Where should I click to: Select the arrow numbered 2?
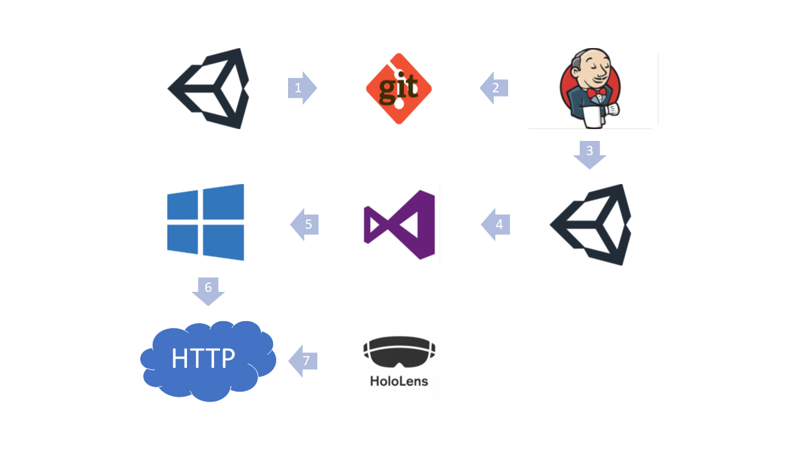(x=494, y=88)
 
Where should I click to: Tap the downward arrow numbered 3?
(x=590, y=155)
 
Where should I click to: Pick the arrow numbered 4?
(x=495, y=224)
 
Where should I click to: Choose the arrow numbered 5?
(x=304, y=224)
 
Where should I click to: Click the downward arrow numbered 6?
(x=208, y=291)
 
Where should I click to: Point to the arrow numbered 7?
(x=302, y=361)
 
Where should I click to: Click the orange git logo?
(x=399, y=89)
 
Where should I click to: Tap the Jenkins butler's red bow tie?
(x=597, y=93)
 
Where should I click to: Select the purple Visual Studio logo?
(x=400, y=225)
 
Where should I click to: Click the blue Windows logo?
(x=206, y=223)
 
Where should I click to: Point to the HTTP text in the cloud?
(x=203, y=358)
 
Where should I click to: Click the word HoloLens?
(x=399, y=381)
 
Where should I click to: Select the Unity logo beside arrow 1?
(x=208, y=89)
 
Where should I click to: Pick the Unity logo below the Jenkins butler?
(x=590, y=225)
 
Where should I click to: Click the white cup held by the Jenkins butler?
(x=592, y=117)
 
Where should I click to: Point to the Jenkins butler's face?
(x=593, y=68)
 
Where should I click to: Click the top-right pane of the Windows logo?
(x=224, y=201)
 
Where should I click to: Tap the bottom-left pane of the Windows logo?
(x=183, y=239)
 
